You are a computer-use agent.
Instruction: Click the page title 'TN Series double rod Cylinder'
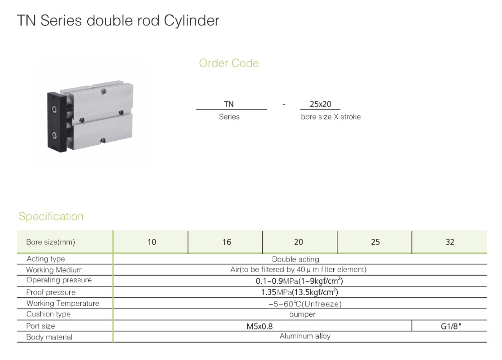click(118, 21)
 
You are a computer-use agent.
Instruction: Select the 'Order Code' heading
click(229, 63)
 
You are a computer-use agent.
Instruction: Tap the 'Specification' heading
click(51, 216)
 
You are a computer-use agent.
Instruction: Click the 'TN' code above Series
click(229, 104)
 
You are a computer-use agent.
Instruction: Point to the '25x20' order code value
click(320, 104)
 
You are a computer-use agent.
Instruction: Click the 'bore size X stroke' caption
click(331, 117)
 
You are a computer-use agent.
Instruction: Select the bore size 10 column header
click(152, 242)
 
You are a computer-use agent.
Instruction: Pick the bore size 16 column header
click(227, 242)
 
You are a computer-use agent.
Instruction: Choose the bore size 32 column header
click(450, 242)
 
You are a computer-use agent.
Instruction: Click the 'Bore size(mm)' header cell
click(51, 242)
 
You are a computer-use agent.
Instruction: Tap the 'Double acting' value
click(296, 259)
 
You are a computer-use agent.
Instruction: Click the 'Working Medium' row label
click(54, 270)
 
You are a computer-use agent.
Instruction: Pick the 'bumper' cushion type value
click(302, 314)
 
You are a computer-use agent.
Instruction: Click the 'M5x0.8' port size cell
click(259, 326)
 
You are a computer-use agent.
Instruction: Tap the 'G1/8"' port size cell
click(450, 326)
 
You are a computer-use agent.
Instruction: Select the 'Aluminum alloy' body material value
click(305, 336)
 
